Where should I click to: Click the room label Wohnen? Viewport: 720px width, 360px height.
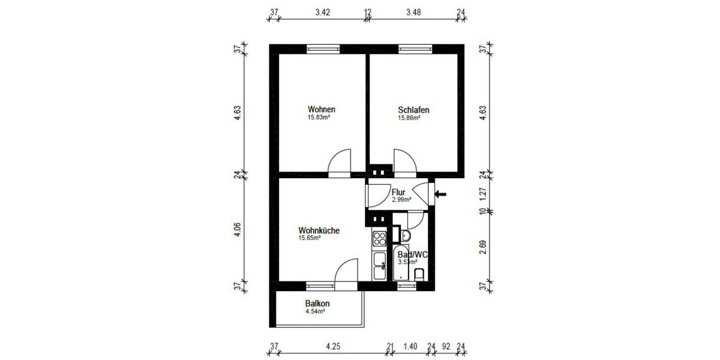(x=321, y=110)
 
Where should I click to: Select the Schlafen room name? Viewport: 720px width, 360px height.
(x=413, y=110)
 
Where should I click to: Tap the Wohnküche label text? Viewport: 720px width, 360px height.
(x=319, y=230)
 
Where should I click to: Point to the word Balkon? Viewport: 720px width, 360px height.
(x=317, y=304)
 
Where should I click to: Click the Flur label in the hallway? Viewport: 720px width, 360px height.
(x=398, y=192)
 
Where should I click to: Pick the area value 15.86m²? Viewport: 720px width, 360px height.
(x=409, y=118)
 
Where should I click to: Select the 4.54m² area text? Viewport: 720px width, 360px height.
(x=315, y=311)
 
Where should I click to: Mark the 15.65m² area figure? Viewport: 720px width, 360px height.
(x=310, y=238)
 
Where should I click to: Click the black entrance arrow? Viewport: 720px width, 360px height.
(x=441, y=194)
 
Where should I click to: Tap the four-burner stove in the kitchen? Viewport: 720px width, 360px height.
(x=380, y=239)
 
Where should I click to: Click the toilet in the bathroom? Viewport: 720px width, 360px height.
(x=420, y=275)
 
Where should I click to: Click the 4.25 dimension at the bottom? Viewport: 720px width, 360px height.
(x=333, y=346)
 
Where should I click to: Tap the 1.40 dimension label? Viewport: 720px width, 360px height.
(x=410, y=346)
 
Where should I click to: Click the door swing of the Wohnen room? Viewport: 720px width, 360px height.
(x=340, y=161)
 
